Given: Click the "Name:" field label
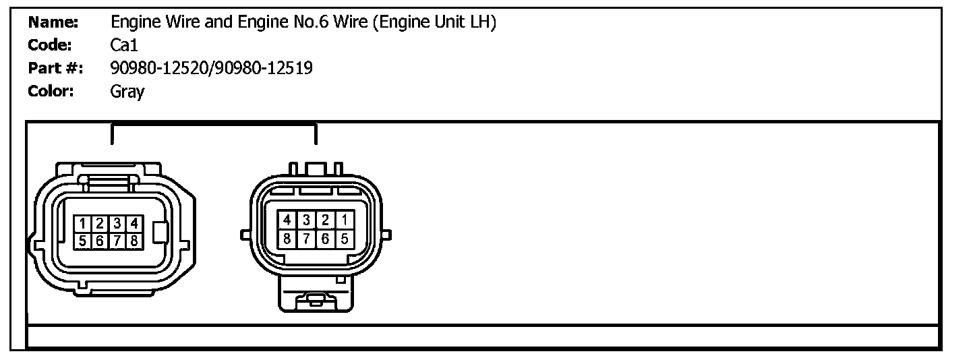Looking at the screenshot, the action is click(53, 22).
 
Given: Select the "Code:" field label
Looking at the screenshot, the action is click(49, 45).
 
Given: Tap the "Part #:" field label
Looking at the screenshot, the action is click(55, 68).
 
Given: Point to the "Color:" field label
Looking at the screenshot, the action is click(51, 91).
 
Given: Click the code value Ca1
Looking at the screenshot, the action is click(124, 45).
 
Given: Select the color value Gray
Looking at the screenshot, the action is click(127, 91).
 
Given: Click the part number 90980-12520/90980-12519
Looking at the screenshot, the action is click(211, 68).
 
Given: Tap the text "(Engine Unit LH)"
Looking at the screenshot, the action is click(436, 22).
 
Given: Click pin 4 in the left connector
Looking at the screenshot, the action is click(134, 223).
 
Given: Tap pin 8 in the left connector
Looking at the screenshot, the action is click(134, 241).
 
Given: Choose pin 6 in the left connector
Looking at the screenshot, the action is click(99, 241).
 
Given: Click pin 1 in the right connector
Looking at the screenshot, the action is click(344, 220).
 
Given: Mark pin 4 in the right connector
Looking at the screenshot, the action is click(287, 220).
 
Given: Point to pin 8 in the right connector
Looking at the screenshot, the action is click(287, 238).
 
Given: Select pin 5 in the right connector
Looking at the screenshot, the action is click(344, 238).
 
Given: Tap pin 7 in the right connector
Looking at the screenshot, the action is click(306, 238).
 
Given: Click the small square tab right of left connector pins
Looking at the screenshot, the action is click(159, 233).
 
